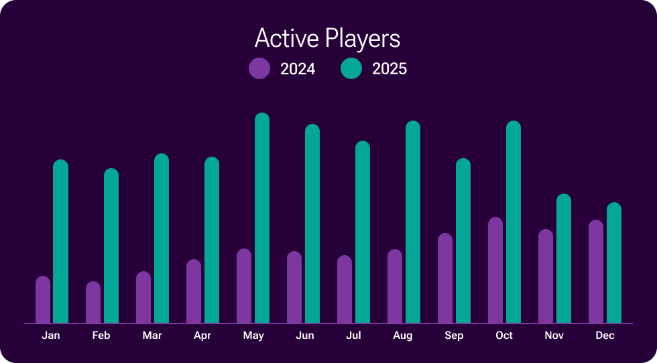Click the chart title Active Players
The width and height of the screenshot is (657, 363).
[x=327, y=38]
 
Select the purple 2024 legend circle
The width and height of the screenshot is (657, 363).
[x=259, y=68]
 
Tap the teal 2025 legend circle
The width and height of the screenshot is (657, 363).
[x=351, y=68]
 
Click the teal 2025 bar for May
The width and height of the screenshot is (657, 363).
[x=262, y=218]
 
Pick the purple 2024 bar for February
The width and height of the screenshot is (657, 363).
[x=93, y=303]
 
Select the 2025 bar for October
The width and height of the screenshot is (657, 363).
[x=514, y=222]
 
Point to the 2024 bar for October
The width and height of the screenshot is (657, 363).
[x=495, y=270]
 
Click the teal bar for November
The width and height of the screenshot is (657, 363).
[x=564, y=259]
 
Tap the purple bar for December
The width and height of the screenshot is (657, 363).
[x=596, y=271]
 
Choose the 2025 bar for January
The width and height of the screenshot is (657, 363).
[x=61, y=241]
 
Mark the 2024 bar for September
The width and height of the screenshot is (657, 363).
[x=445, y=278]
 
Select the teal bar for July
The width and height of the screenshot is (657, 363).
[x=363, y=232]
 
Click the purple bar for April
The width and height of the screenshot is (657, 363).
[x=194, y=291]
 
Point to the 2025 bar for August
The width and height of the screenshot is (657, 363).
[x=413, y=222]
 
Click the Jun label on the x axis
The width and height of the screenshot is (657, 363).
[x=304, y=336]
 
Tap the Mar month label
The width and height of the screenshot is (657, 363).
[x=152, y=336]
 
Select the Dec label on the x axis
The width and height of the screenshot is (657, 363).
[x=605, y=336]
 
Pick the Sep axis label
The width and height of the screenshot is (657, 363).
[x=454, y=336]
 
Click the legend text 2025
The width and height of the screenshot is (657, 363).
[x=390, y=68]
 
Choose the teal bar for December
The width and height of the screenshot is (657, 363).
[x=614, y=263]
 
